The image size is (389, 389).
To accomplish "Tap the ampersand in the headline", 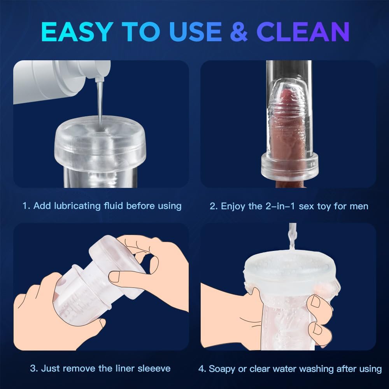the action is point(238,32).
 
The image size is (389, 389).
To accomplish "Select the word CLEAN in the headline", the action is point(303,32).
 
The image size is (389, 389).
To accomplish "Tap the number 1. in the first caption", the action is point(26,206).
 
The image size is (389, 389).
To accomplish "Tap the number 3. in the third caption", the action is point(34,368).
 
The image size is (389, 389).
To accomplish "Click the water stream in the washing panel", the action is point(292,237).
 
